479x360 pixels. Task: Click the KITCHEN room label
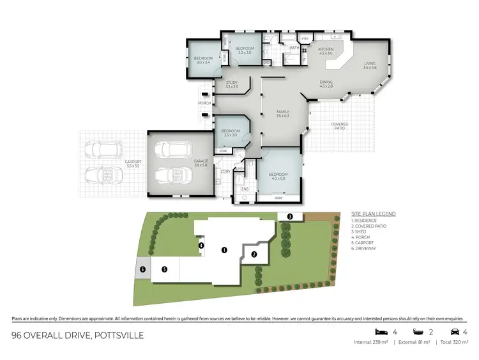326,50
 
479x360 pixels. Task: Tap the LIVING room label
370,63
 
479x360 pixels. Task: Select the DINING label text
326,82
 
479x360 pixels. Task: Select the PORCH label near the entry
204,103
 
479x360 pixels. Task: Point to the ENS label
244,190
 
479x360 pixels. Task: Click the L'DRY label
225,171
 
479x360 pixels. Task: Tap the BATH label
294,48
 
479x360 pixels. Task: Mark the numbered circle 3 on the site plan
290,217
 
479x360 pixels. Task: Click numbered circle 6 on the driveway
142,270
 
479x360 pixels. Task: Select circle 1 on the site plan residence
224,250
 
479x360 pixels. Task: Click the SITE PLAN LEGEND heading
374,214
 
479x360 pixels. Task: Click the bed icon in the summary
381,331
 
